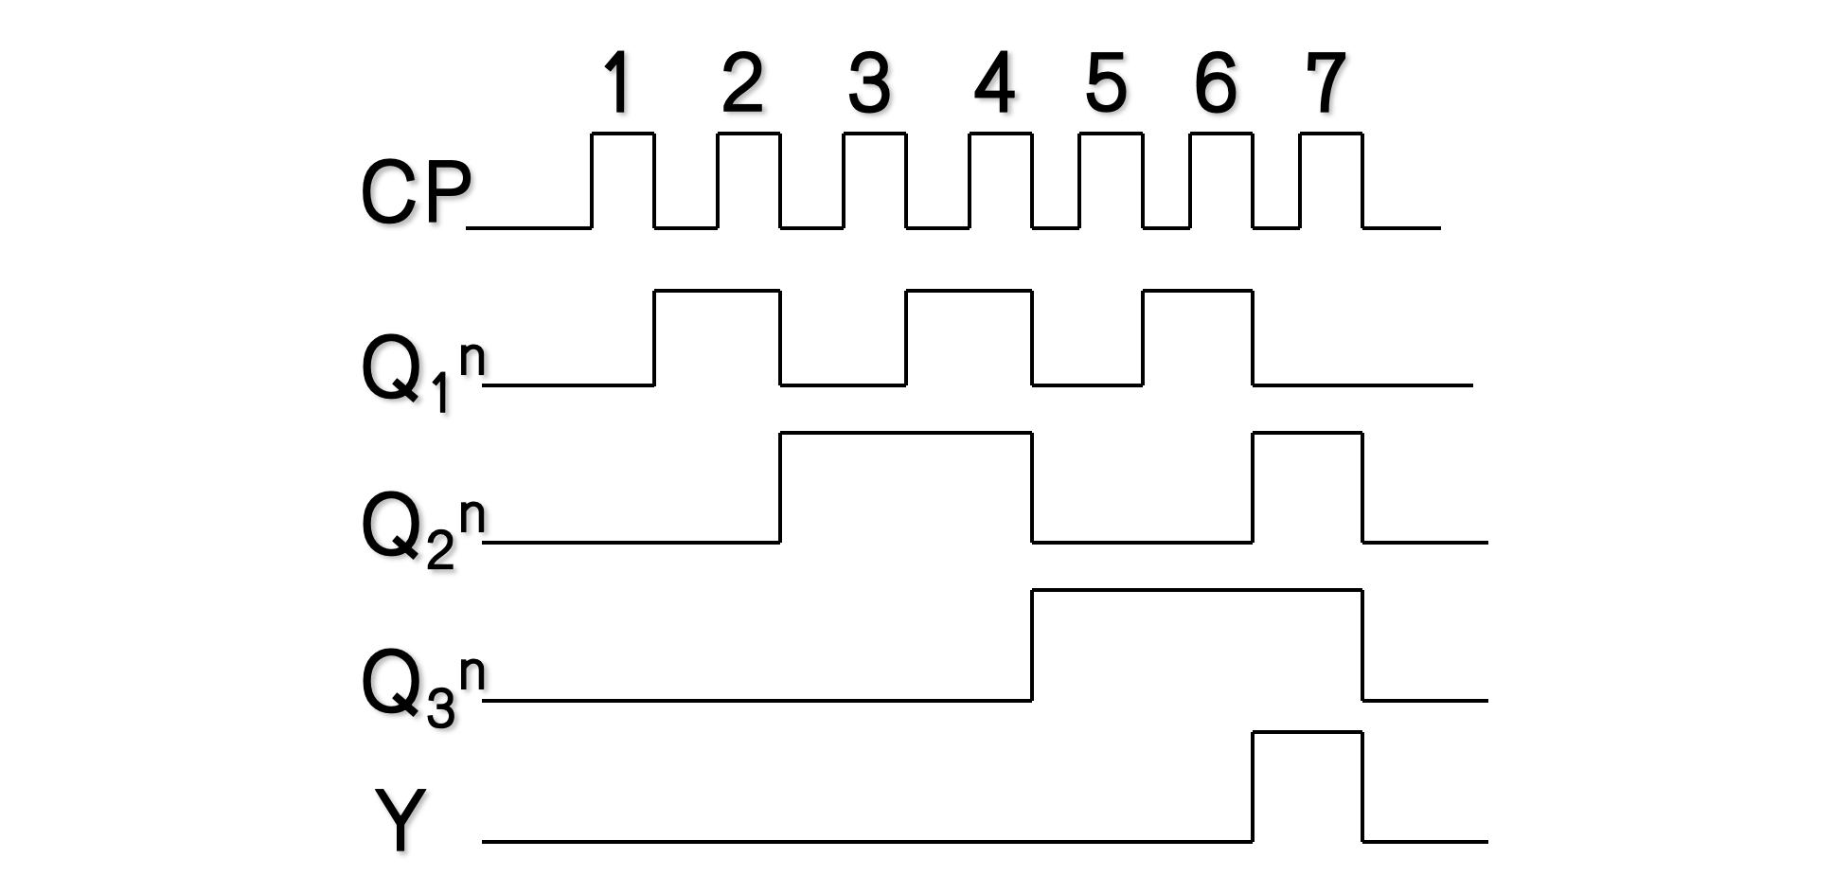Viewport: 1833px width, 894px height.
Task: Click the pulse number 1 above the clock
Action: (x=618, y=83)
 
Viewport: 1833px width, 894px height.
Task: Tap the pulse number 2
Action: (x=742, y=83)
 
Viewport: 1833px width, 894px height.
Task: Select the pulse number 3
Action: (x=869, y=83)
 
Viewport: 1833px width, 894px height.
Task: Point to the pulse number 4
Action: (x=995, y=83)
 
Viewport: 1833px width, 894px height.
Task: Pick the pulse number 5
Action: (x=1106, y=83)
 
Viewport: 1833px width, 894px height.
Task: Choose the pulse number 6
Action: (x=1216, y=83)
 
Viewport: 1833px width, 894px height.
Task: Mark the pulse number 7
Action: (x=1326, y=83)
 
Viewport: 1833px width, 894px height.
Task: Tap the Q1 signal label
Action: (x=422, y=374)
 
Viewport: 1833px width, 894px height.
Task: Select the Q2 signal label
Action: (x=422, y=531)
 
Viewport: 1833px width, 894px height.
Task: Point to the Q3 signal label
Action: (x=422, y=688)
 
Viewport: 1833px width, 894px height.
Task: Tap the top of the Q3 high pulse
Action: (x=1197, y=591)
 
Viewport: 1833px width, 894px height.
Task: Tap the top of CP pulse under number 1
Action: (x=623, y=134)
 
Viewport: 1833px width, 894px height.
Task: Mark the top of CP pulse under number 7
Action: (x=1331, y=134)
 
